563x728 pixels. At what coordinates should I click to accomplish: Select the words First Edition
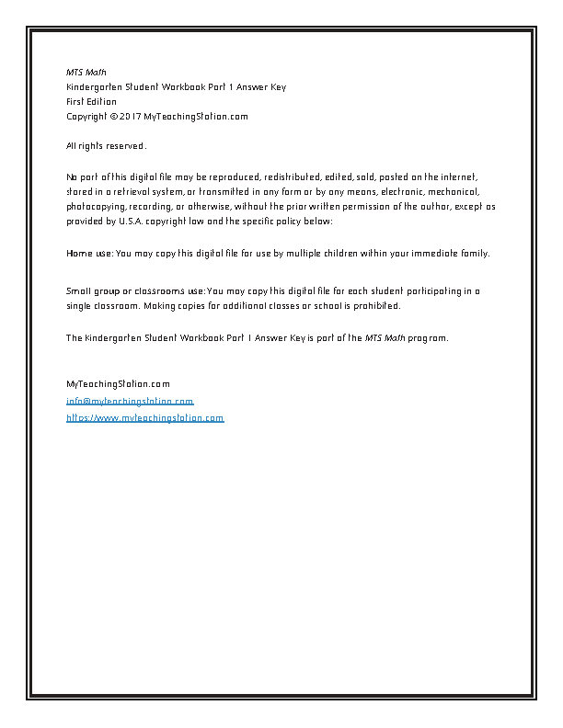pyautogui.click(x=91, y=101)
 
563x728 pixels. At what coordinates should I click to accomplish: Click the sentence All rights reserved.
pyautogui.click(x=106, y=146)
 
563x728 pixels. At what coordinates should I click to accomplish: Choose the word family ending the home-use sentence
pyautogui.click(x=475, y=253)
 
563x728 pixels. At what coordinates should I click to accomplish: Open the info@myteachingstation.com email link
pyautogui.click(x=130, y=402)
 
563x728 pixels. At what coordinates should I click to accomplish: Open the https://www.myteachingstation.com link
pyautogui.click(x=144, y=417)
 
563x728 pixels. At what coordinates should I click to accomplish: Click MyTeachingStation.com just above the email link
pyautogui.click(x=118, y=383)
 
